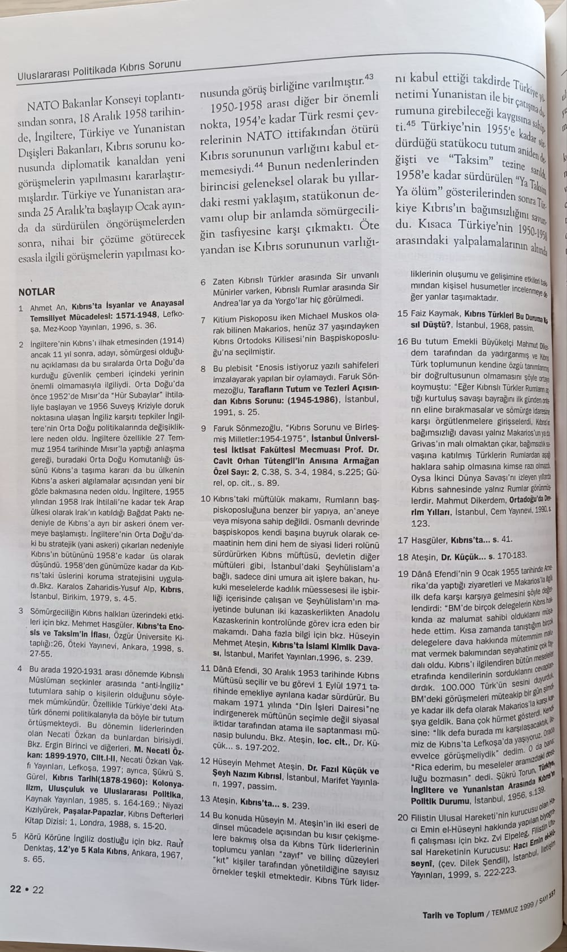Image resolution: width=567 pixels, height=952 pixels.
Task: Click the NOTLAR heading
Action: click(x=36, y=292)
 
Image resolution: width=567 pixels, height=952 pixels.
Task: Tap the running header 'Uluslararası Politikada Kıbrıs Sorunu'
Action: click(x=99, y=69)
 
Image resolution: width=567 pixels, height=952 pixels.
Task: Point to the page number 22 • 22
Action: click(x=27, y=890)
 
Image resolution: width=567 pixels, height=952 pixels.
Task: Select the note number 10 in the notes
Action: click(x=206, y=499)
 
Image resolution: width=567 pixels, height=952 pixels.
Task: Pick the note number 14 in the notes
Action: click(x=205, y=815)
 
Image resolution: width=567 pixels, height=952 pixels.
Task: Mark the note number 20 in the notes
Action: click(x=402, y=817)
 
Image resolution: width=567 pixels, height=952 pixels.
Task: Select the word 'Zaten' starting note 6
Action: click(x=223, y=281)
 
